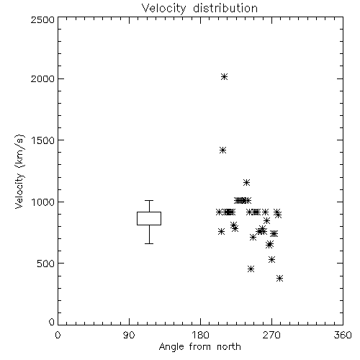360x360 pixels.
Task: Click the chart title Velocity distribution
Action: coord(200,9)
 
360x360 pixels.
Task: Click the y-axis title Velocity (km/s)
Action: coord(19,171)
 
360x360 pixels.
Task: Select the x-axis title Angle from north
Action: coord(200,347)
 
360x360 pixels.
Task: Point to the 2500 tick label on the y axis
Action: coord(42,19)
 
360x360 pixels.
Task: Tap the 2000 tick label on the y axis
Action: coord(42,79)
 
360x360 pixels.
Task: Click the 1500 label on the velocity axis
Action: coord(43,140)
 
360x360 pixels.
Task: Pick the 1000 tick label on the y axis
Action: coord(43,202)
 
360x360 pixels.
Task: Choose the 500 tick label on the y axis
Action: coord(46,264)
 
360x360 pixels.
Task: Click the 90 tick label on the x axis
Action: coord(129,335)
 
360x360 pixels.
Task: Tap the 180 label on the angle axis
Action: coord(200,335)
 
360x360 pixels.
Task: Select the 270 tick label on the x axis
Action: coord(271,335)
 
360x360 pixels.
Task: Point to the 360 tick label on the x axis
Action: coord(343,335)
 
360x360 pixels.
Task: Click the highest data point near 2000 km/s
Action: coord(224,77)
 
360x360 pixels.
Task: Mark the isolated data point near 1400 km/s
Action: coord(223,150)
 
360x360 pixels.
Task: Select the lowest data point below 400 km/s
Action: coord(279,279)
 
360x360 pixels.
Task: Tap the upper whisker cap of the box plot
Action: coord(149,200)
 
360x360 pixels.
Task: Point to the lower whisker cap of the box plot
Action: coord(149,243)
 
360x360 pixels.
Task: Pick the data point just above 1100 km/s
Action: coord(246,183)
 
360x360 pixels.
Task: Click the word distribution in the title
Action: coord(225,9)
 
